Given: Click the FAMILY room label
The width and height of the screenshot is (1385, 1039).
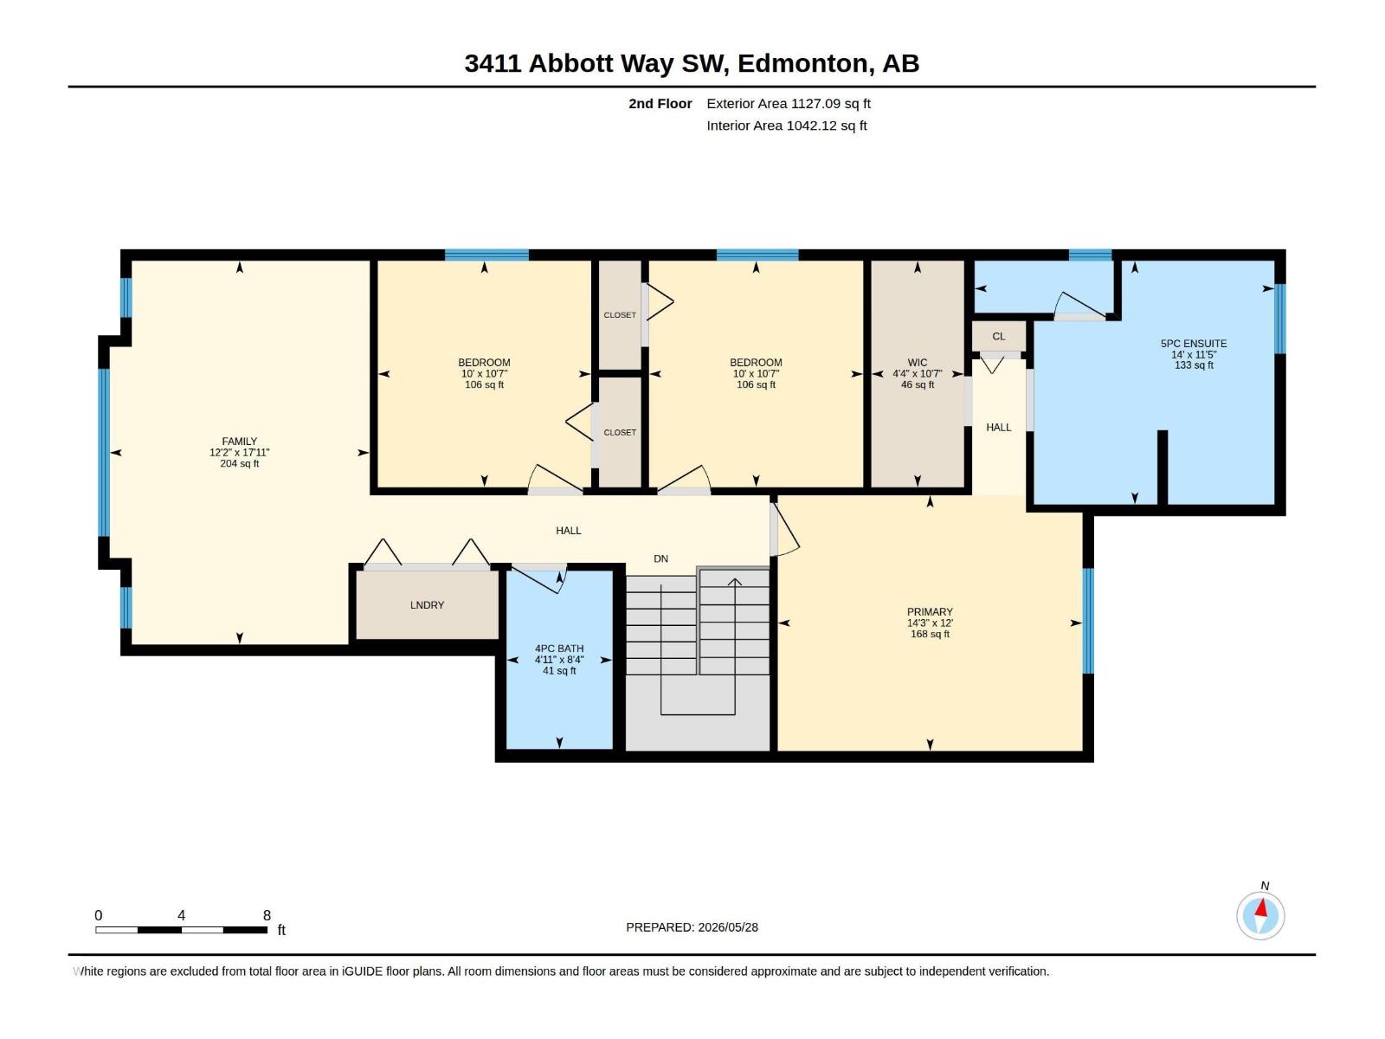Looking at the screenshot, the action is (x=239, y=442).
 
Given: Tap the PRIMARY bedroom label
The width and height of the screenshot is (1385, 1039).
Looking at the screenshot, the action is (x=930, y=612).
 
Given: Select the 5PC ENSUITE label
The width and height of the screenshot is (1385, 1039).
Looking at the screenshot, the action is (x=1193, y=344).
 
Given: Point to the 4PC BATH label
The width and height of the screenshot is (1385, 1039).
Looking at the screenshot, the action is (x=559, y=649).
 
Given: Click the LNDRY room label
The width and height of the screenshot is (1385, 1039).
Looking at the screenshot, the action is (x=427, y=605).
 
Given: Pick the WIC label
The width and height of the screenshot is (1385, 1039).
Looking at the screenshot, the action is (x=917, y=363).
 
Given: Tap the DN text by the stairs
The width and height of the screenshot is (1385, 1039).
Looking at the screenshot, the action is (x=660, y=559).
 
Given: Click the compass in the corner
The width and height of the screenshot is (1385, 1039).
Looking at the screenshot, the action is (x=1260, y=915).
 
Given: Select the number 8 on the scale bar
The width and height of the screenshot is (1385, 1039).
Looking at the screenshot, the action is (x=267, y=915).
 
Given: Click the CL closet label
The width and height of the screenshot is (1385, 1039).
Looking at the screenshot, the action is (x=998, y=336).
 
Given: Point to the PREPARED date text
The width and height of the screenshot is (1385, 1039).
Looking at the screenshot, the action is (x=692, y=927).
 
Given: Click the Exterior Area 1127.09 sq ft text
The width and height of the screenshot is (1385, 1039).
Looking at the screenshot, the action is (x=788, y=103).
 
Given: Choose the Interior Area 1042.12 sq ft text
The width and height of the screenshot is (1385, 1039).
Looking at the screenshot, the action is (x=786, y=126).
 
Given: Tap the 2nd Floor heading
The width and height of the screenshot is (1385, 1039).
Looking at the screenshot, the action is (x=660, y=103).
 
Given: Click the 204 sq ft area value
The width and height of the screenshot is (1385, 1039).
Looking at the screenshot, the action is (x=239, y=464).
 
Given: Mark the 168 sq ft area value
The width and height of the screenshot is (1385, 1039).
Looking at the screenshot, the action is (x=930, y=634).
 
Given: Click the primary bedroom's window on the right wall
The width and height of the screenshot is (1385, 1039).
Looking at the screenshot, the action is (x=1088, y=621).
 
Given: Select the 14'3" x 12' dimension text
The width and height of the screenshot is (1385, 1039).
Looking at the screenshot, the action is (x=930, y=623).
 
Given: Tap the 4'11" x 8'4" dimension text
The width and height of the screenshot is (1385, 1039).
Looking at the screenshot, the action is (x=559, y=660).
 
